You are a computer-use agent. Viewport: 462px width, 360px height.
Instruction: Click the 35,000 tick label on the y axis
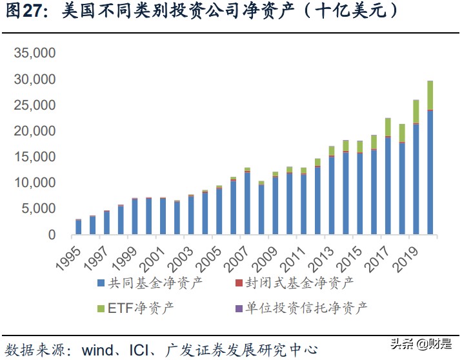pos(35,54)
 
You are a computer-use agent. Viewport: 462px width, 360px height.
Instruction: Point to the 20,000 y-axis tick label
pos(35,132)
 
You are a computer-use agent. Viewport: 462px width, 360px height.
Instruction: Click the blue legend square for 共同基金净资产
pos(101,283)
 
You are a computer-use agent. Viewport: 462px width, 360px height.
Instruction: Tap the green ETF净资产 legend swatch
pos(101,309)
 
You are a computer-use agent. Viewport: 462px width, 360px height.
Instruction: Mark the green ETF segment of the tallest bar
pos(430,95)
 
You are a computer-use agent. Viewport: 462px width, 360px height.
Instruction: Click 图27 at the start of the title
pos(19,12)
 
